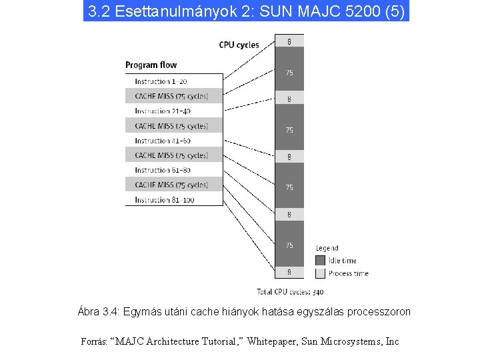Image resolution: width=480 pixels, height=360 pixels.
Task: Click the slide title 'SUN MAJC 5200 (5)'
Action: pos(246,11)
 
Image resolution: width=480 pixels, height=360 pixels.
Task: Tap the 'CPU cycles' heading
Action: pos(239,45)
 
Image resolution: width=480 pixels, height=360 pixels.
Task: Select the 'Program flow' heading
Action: pos(151,65)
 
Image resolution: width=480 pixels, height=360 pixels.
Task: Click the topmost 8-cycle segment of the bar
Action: pos(289,41)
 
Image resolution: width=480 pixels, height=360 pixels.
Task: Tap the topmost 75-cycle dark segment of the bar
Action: pos(289,72)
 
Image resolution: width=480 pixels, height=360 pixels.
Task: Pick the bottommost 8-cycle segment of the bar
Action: pos(289,272)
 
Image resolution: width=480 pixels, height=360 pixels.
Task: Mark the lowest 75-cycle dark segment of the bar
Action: pos(289,245)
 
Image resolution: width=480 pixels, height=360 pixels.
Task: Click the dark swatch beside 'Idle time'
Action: pos(320,261)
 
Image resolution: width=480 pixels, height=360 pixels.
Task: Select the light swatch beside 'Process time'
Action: pos(320,273)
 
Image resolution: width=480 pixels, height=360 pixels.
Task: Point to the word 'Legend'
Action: pos(327,249)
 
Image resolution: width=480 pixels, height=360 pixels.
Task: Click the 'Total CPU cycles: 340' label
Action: pos(290,291)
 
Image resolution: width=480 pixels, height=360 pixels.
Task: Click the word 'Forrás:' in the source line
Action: pos(96,341)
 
